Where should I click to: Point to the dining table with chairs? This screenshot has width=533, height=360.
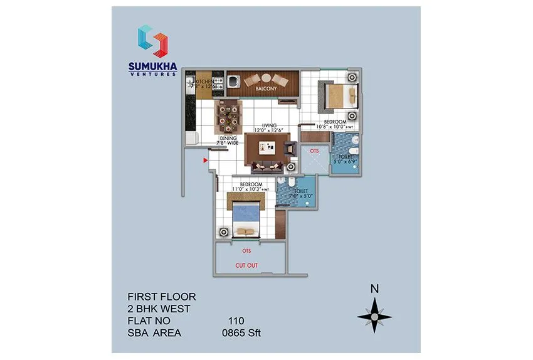coord(226,115)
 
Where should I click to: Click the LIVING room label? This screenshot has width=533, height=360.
coord(269,124)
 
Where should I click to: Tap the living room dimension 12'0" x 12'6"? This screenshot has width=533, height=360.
coord(269,130)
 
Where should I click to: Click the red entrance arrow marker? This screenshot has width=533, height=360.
coord(205,161)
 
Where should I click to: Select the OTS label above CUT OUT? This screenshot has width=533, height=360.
coord(246,251)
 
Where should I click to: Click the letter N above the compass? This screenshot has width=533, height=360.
coord(374,289)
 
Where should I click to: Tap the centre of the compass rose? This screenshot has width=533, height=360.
coord(374,317)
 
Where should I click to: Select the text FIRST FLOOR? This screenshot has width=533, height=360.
coord(162,296)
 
